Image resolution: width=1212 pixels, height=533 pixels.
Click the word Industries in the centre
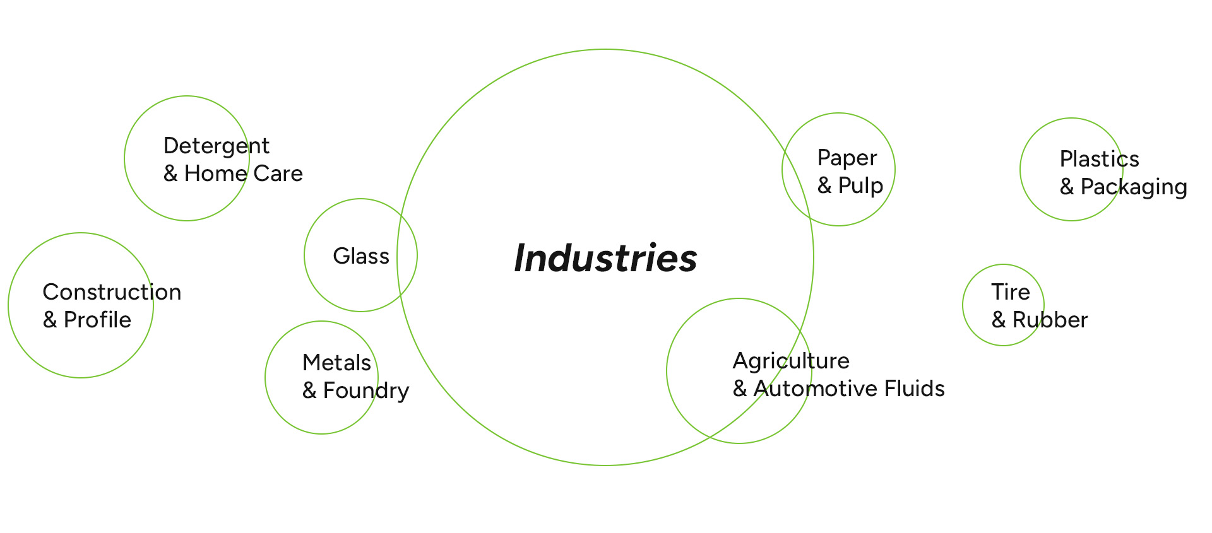[x=605, y=258]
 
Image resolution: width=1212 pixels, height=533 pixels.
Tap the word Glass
[x=361, y=256]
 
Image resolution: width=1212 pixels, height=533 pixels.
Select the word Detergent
[x=217, y=146]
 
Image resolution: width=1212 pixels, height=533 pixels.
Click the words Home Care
[x=244, y=173]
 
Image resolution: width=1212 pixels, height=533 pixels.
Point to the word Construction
[x=112, y=292]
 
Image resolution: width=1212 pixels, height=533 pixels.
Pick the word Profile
[x=97, y=320]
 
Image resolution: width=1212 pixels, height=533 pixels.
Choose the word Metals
[x=336, y=363]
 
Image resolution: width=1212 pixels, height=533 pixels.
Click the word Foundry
[x=366, y=391]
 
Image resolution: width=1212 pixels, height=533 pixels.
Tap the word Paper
[x=847, y=158]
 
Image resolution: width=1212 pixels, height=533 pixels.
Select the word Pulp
[x=860, y=186]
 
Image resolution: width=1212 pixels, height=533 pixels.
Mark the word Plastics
[x=1100, y=159]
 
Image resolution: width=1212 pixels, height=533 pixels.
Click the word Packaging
[x=1134, y=187]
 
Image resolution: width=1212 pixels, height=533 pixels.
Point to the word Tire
[x=1010, y=292]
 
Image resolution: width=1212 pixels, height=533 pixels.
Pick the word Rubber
[x=1050, y=320]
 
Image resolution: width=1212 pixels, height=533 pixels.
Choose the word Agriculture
[x=791, y=361]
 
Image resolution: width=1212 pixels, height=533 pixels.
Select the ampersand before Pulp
[x=824, y=185]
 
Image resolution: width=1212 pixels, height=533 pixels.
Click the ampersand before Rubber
[x=999, y=320]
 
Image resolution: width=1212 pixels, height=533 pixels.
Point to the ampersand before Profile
[x=50, y=320]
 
